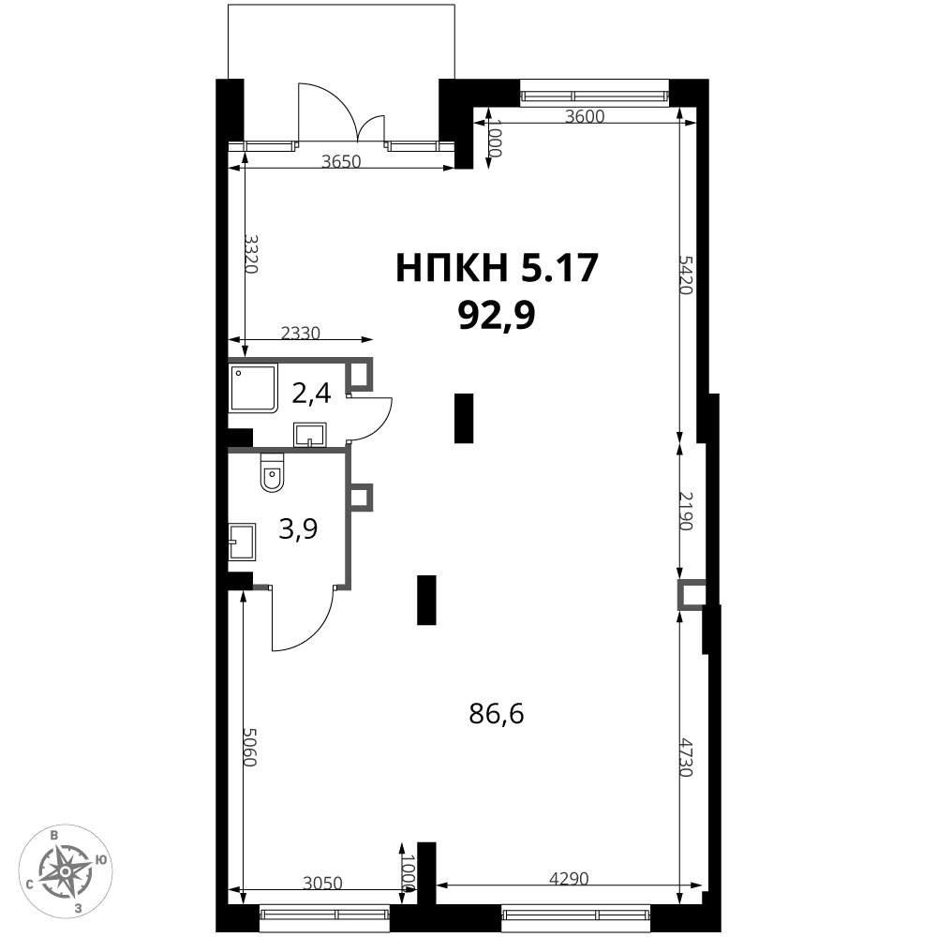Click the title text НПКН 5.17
497,268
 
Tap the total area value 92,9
496,315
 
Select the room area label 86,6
497,713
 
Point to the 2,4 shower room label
311,394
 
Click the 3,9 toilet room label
298,528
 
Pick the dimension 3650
341,161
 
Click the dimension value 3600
585,116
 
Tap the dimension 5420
686,275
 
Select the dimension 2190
686,511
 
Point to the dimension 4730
686,757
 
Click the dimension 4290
569,879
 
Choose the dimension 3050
322,883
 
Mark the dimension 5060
250,747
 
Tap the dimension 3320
251,254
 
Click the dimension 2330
301,333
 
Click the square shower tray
254,388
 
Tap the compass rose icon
66,871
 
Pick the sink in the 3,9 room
243,542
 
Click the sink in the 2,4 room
309,435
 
